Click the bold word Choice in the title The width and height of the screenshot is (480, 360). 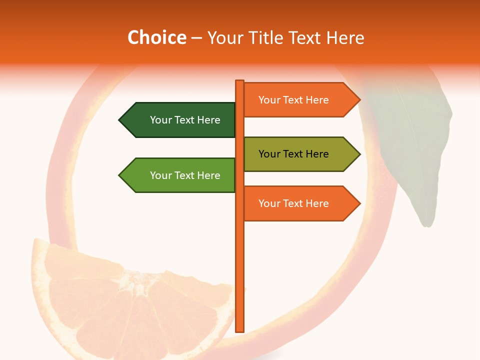click(x=156, y=37)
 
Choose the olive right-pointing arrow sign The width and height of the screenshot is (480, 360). click(x=300, y=154)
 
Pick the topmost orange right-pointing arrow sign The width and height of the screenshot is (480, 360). click(x=300, y=100)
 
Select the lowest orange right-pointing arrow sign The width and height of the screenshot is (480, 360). click(x=300, y=203)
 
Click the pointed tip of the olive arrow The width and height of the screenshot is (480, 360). click(x=359, y=154)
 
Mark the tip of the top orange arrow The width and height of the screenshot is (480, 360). click(x=359, y=100)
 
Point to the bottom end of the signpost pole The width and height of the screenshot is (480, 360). click(x=240, y=330)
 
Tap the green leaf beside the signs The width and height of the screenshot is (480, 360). click(x=415, y=150)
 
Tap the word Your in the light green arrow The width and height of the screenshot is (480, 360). click(x=160, y=175)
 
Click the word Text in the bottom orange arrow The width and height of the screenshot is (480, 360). click(x=293, y=203)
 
